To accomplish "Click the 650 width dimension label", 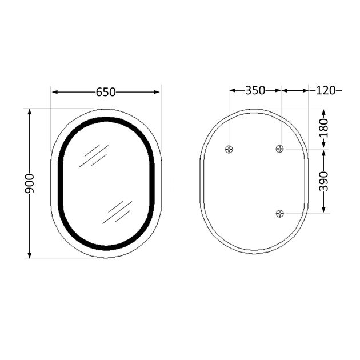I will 106,91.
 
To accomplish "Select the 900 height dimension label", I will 30,183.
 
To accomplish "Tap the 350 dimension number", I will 255,90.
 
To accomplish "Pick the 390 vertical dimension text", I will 323,181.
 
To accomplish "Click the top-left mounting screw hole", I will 229,149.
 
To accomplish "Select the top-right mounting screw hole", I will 279,149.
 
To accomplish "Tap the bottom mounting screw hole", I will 279,214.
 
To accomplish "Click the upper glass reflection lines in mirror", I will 93,155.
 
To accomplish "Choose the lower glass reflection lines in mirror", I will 117,212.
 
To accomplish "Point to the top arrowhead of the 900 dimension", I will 30,112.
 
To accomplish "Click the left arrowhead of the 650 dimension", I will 55,91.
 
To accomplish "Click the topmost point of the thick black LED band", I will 106,119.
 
